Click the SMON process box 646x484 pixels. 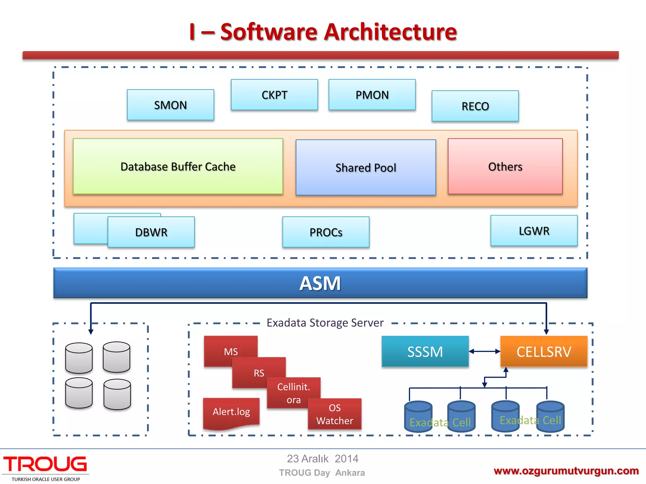(x=170, y=105)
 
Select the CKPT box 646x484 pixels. (x=274, y=95)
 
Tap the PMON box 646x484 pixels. (x=372, y=95)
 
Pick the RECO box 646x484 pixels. (x=475, y=106)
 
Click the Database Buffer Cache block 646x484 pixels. (x=178, y=166)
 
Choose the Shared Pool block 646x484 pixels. (x=366, y=168)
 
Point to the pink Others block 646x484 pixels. (x=505, y=166)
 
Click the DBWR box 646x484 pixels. (x=151, y=232)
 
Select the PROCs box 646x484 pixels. (x=326, y=232)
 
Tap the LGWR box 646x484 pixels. (x=534, y=231)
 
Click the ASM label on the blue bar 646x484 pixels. (x=320, y=283)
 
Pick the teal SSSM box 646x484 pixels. (x=425, y=352)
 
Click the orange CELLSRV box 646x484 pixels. (x=544, y=352)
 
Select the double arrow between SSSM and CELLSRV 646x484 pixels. (x=484, y=351)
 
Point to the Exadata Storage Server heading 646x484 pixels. (x=325, y=323)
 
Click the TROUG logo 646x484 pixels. (x=45, y=465)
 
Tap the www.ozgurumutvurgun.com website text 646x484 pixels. (x=566, y=471)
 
